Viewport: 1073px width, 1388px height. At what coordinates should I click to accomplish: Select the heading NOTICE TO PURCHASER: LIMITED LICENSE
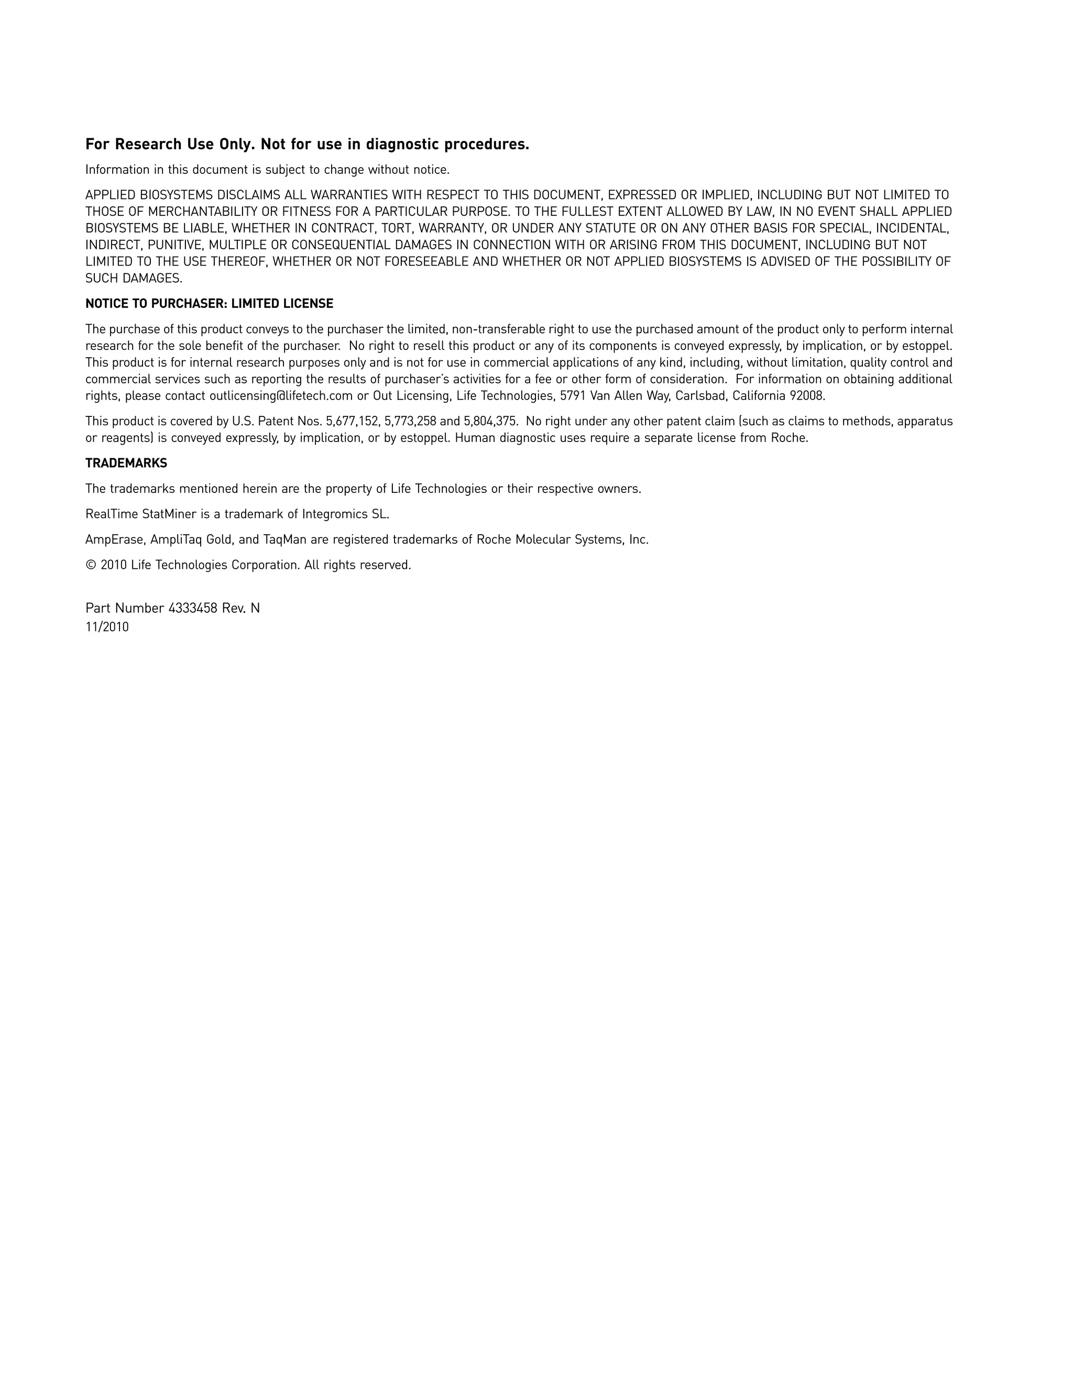[209, 304]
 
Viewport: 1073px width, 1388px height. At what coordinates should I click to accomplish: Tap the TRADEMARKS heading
[126, 464]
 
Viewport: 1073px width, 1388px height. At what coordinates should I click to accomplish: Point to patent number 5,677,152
[353, 421]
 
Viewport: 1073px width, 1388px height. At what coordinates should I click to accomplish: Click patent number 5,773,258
[410, 421]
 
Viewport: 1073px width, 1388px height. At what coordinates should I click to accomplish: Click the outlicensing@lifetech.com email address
[281, 396]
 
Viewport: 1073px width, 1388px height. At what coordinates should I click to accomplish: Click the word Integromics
[334, 514]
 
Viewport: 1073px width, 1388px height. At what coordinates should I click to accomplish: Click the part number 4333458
[193, 608]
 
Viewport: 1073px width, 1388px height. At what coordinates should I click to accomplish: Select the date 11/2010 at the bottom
[107, 627]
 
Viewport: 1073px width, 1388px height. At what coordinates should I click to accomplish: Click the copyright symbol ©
[90, 565]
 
